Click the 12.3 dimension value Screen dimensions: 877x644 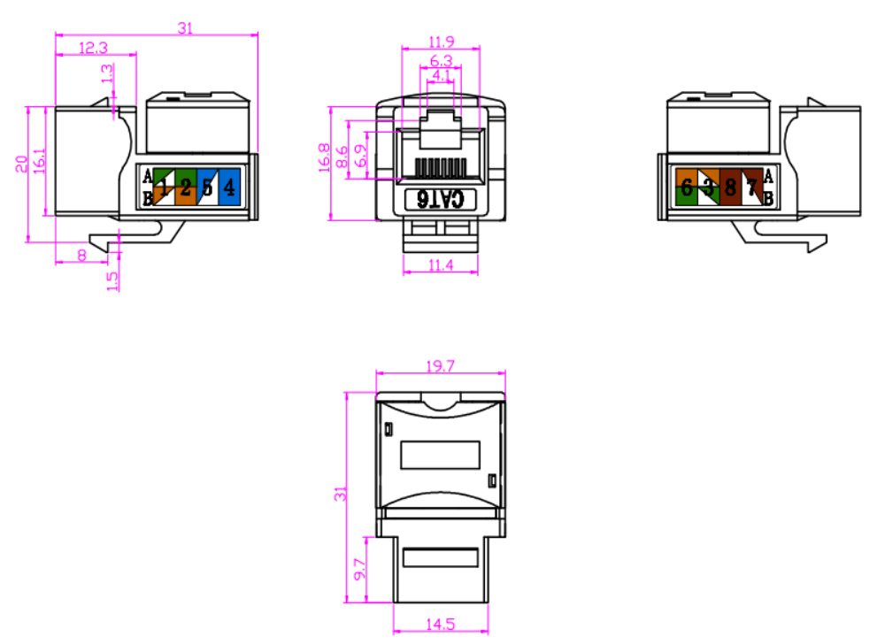[x=94, y=48]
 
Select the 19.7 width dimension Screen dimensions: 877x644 [x=440, y=366]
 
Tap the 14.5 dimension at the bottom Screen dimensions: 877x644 [x=440, y=624]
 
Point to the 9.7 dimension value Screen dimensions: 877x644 [x=359, y=569]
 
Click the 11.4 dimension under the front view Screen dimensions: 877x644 [x=440, y=265]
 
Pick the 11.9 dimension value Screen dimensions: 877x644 [x=442, y=42]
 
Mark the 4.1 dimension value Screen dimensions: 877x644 [x=442, y=74]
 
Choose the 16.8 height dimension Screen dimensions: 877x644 [x=324, y=157]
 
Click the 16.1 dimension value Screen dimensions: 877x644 [x=39, y=161]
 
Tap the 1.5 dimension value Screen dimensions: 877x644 [x=112, y=280]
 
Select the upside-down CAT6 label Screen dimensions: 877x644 [x=440, y=199]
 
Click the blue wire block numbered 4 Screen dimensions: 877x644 [x=229, y=187]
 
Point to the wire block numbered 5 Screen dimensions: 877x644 [x=207, y=187]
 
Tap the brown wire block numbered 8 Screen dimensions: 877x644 [x=730, y=187]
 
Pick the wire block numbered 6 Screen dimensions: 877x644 [x=687, y=187]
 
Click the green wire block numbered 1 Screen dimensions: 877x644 [x=164, y=187]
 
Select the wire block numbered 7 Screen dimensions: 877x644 [x=751, y=187]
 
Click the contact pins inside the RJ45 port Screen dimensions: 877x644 [x=441, y=167]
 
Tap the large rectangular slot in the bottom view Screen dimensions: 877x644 [x=440, y=455]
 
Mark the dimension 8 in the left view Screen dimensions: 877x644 [x=82, y=256]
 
